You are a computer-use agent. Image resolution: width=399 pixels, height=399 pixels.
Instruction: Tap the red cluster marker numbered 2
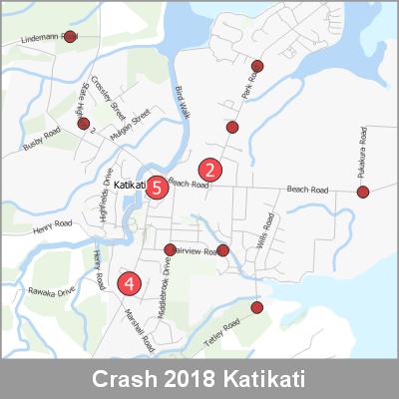tap(210, 170)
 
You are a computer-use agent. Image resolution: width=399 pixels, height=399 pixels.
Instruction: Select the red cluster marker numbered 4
tap(129, 283)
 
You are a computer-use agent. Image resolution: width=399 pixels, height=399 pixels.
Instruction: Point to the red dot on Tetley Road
tap(257, 307)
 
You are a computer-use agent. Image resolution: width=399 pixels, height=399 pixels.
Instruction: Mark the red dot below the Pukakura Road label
tap(363, 192)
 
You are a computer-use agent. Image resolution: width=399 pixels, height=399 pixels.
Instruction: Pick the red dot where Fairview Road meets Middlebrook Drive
tap(170, 249)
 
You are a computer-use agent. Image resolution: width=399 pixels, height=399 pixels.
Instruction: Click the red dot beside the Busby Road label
tap(84, 125)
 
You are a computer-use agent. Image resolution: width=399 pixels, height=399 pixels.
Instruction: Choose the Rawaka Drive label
tap(52, 292)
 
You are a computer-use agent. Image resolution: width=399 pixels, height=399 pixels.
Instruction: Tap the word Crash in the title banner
tap(124, 381)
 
